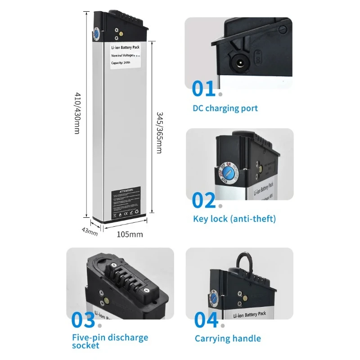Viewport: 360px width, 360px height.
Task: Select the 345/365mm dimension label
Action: click(x=159, y=132)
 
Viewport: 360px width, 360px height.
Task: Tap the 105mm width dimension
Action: click(x=130, y=234)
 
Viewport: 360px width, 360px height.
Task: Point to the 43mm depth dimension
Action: click(x=90, y=231)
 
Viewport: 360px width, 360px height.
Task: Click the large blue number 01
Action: click(x=204, y=89)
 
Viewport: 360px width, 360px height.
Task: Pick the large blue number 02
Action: click(x=204, y=200)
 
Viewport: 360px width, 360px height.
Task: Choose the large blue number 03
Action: click(x=84, y=320)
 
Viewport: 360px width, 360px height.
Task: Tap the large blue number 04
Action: click(x=206, y=320)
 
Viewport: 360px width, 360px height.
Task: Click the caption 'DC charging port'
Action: click(x=225, y=108)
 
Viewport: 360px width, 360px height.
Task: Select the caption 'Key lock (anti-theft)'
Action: click(x=234, y=219)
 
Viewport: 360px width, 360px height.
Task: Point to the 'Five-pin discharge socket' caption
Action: click(x=110, y=341)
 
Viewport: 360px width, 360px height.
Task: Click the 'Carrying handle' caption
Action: click(x=228, y=339)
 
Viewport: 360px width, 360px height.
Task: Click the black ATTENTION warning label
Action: click(x=129, y=203)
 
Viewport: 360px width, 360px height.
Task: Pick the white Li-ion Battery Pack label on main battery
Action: click(x=126, y=57)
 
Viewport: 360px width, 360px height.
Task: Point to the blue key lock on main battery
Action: click(x=96, y=34)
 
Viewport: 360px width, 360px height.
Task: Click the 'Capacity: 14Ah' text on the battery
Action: click(x=121, y=63)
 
